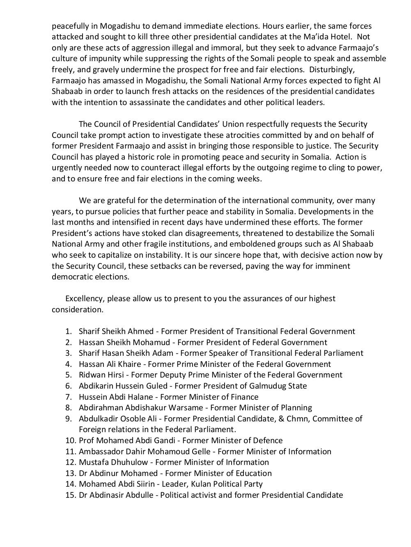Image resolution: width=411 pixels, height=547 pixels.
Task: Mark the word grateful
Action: [x=121, y=201]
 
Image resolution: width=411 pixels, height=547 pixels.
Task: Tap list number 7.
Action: [x=69, y=397]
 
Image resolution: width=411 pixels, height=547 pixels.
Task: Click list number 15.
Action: [x=70, y=495]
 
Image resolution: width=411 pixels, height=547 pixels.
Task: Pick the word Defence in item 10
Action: [x=268, y=441]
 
